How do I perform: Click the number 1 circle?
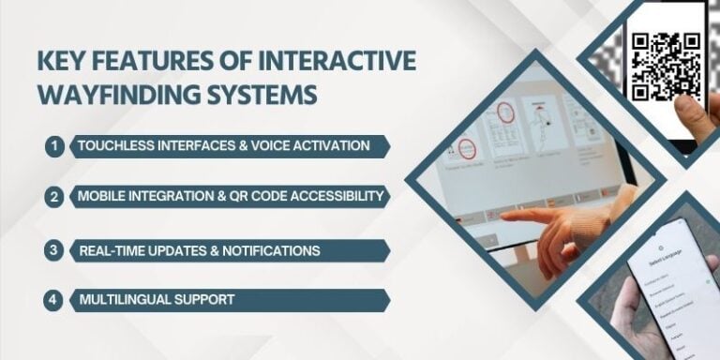click(54, 146)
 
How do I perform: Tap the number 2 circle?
click(54, 197)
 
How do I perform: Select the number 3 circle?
click(54, 250)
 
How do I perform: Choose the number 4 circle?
click(54, 300)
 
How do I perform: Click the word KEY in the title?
click(56, 62)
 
